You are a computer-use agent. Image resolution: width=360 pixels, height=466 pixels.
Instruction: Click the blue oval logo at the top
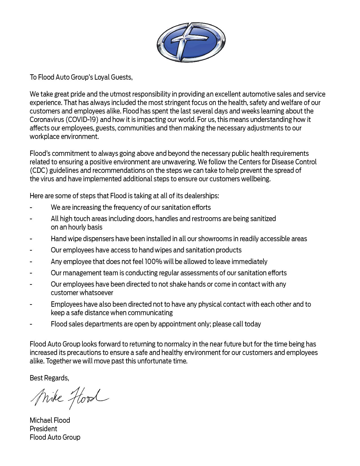[191, 42]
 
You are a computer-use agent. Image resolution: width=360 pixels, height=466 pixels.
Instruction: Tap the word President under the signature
[43, 429]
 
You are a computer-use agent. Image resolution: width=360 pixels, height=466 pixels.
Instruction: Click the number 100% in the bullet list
[153, 262]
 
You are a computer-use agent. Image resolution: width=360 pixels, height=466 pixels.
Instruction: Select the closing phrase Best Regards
[49, 378]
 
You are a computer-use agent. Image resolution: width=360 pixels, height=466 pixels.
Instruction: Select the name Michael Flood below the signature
[50, 420]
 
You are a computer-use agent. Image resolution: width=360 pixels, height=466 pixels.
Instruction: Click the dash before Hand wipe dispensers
[31, 239]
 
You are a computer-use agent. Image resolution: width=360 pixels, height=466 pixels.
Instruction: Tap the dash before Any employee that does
[31, 262]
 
